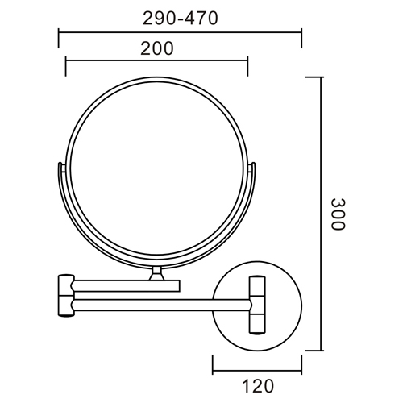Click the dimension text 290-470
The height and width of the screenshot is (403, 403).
[180, 19]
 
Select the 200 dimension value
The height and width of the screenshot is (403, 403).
[156, 48]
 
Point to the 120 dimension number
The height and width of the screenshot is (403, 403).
[257, 385]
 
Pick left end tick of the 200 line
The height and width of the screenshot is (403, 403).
[65, 63]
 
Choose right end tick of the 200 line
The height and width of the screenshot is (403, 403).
[247, 63]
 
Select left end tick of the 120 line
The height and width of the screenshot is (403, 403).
[214, 366]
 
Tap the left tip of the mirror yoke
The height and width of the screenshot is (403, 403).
[61, 166]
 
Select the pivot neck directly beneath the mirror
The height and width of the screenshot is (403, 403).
[157, 274]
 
